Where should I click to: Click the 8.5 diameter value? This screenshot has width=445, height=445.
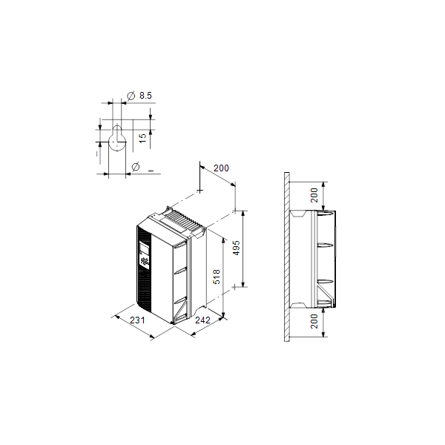coord(145,96)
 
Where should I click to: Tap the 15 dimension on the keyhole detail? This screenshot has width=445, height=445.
coord(142,138)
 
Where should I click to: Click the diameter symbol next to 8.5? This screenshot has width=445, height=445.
coord(131,96)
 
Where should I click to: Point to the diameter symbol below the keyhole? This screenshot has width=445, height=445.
coord(135,166)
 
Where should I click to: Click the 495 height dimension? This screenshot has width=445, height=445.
coord(237,248)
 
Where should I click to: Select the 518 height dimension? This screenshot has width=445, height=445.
coord(217,277)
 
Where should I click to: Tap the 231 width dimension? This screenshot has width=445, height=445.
coord(137,320)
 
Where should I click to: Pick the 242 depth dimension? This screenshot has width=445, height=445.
coord(202,320)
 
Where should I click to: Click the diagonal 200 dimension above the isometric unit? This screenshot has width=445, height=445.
coord(221,168)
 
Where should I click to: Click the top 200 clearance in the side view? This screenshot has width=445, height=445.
coord(314,195)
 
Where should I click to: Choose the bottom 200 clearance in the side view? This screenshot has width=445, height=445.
coord(314,320)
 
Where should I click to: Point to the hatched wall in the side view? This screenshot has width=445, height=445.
coord(286,260)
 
